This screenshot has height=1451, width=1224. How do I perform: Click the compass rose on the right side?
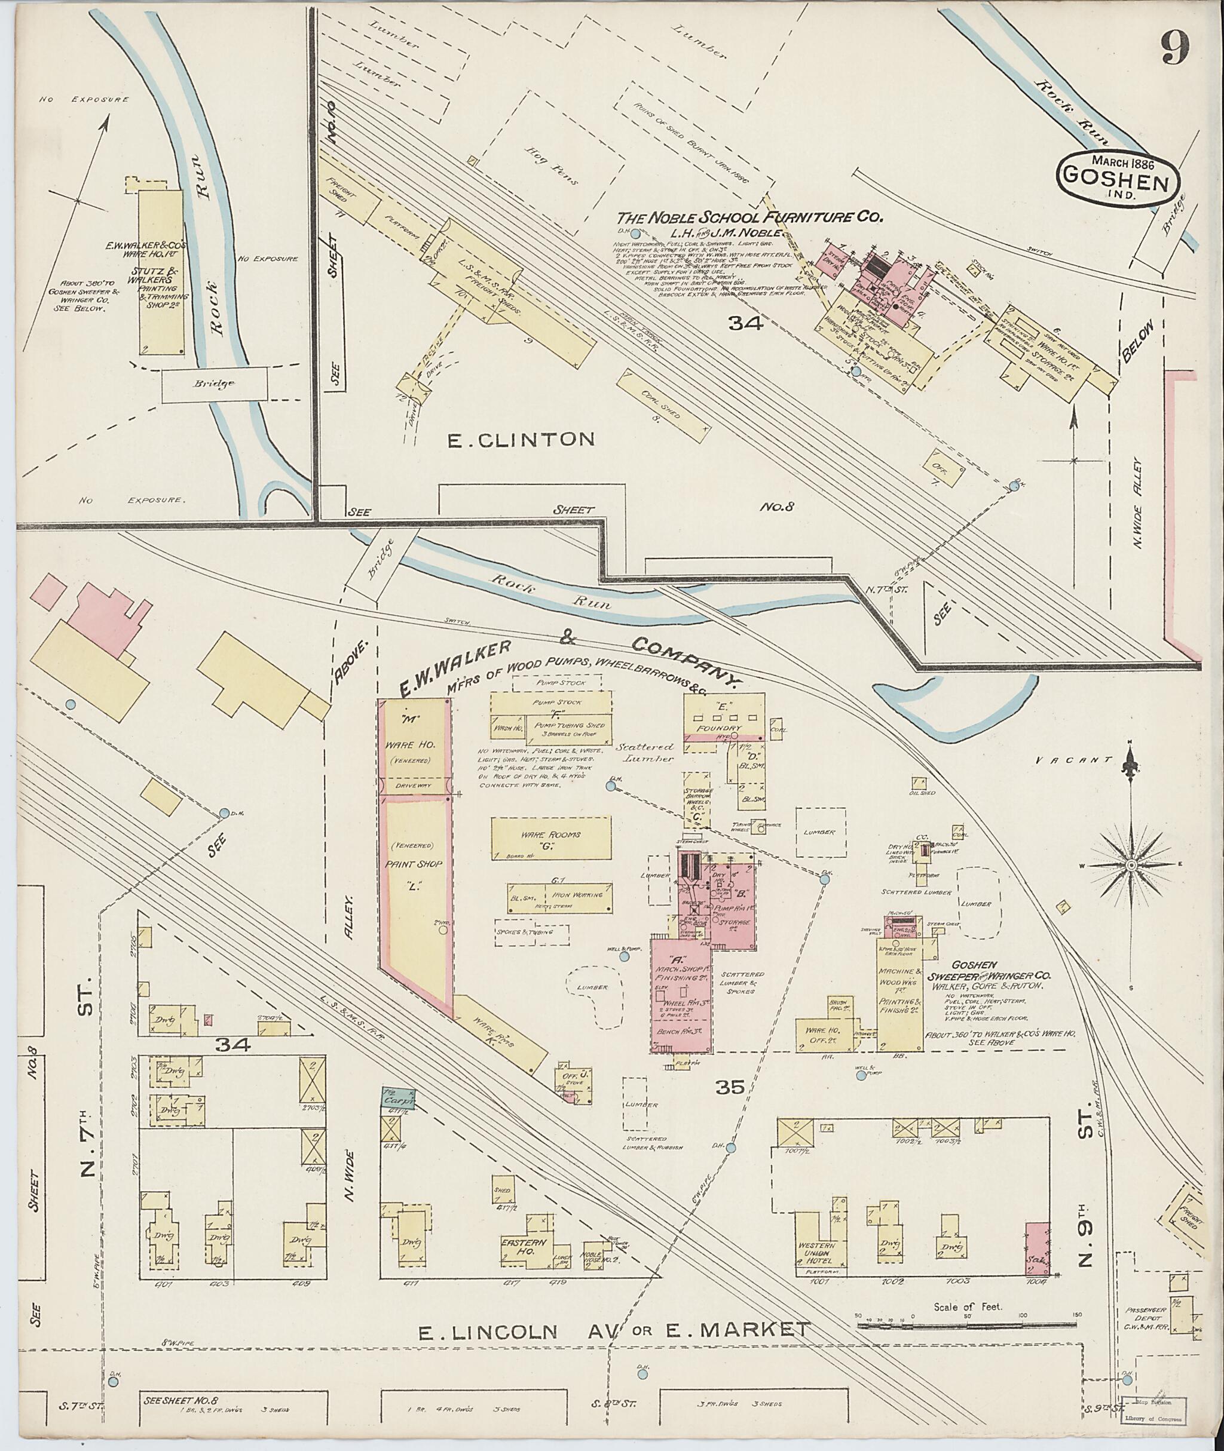point(1130,866)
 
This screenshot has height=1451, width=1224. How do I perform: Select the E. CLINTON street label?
point(521,439)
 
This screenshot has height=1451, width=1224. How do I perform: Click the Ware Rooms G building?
point(552,839)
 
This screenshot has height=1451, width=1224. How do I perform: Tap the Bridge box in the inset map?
point(215,384)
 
